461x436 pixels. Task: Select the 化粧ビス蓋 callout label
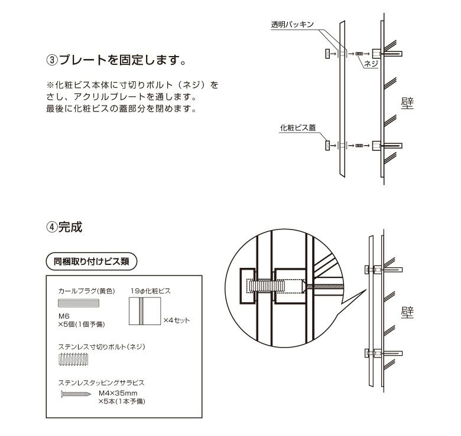[x=298, y=127]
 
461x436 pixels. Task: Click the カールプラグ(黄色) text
[x=86, y=291]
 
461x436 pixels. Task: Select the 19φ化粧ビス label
[x=151, y=291]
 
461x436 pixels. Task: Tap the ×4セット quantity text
[x=177, y=320]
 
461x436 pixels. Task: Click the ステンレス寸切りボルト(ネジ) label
[x=102, y=346]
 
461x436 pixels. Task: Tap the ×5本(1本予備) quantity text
[x=122, y=401]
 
